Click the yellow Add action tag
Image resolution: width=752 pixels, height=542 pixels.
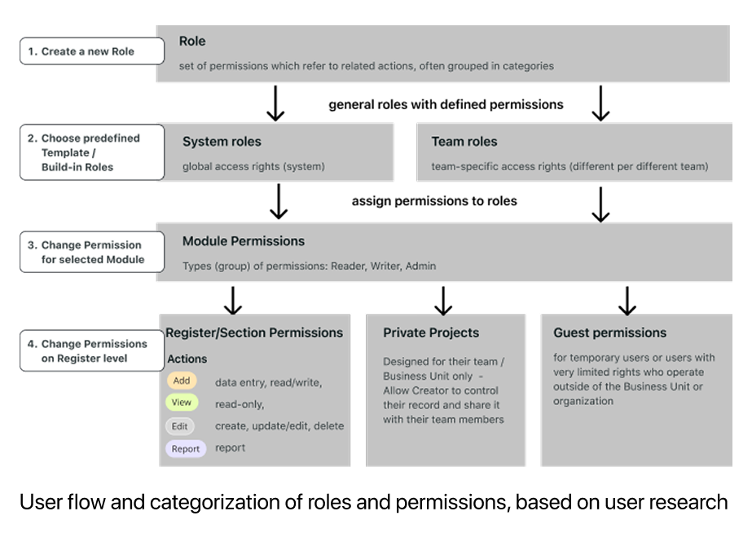182,381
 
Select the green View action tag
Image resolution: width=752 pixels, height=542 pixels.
182,403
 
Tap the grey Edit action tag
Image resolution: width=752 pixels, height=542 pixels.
181,425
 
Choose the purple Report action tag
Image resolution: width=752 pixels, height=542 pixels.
186,448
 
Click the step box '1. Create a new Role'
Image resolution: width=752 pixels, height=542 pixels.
88,51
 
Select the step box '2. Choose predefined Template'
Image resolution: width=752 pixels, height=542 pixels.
90,152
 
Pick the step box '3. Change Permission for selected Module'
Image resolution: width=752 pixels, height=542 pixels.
90,252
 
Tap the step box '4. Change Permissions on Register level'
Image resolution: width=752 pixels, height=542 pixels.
90,350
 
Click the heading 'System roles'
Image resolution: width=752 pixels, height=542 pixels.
222,142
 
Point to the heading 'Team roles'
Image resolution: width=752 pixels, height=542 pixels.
464,142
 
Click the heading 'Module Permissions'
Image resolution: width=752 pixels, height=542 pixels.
243,241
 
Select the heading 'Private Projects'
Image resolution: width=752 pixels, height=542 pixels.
431,333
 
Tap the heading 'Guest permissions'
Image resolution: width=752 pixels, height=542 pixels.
609,333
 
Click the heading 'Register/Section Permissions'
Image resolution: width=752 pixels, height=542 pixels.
254,333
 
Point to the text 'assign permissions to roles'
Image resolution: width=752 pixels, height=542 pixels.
434,201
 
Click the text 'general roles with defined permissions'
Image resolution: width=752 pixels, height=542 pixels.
446,104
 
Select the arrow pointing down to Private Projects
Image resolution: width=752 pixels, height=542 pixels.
443,300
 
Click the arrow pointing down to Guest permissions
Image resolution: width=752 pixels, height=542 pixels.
627,300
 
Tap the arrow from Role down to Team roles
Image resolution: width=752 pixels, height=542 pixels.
600,103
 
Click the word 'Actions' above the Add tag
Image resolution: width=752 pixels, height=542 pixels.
187,359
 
